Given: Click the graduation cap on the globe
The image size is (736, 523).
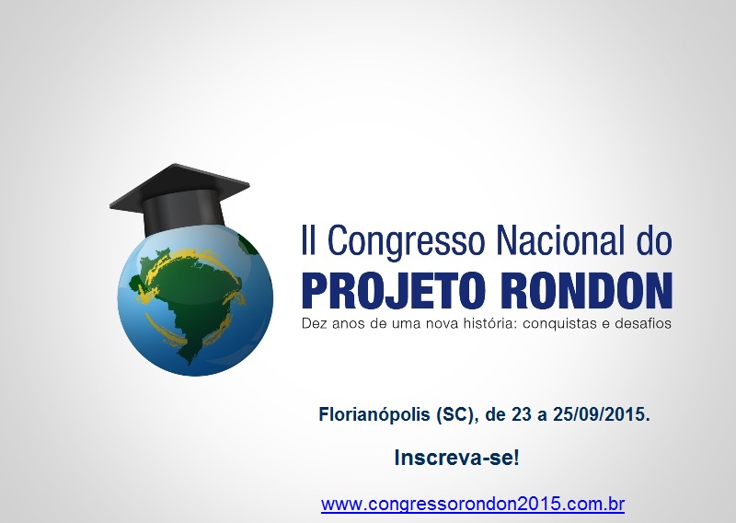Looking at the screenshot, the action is tap(179, 199).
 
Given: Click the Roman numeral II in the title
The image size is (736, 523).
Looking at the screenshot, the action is tap(308, 239).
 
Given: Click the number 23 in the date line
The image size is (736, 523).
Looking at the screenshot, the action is tap(522, 415).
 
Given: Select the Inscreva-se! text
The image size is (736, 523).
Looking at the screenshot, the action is tap(456, 458).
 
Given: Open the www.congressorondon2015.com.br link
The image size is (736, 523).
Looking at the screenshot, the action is tap(473, 505).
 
